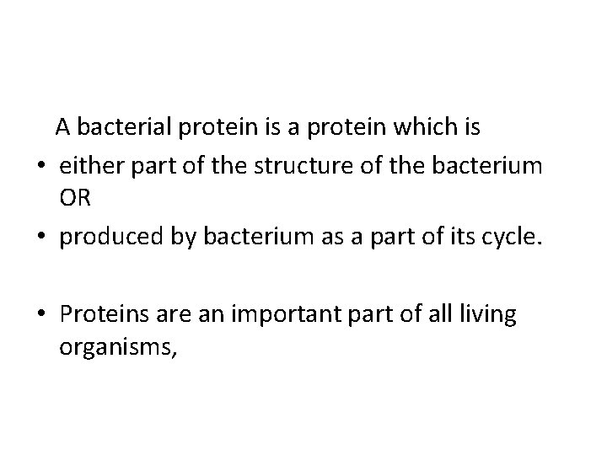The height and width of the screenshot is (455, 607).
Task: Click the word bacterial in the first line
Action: click(123, 129)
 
